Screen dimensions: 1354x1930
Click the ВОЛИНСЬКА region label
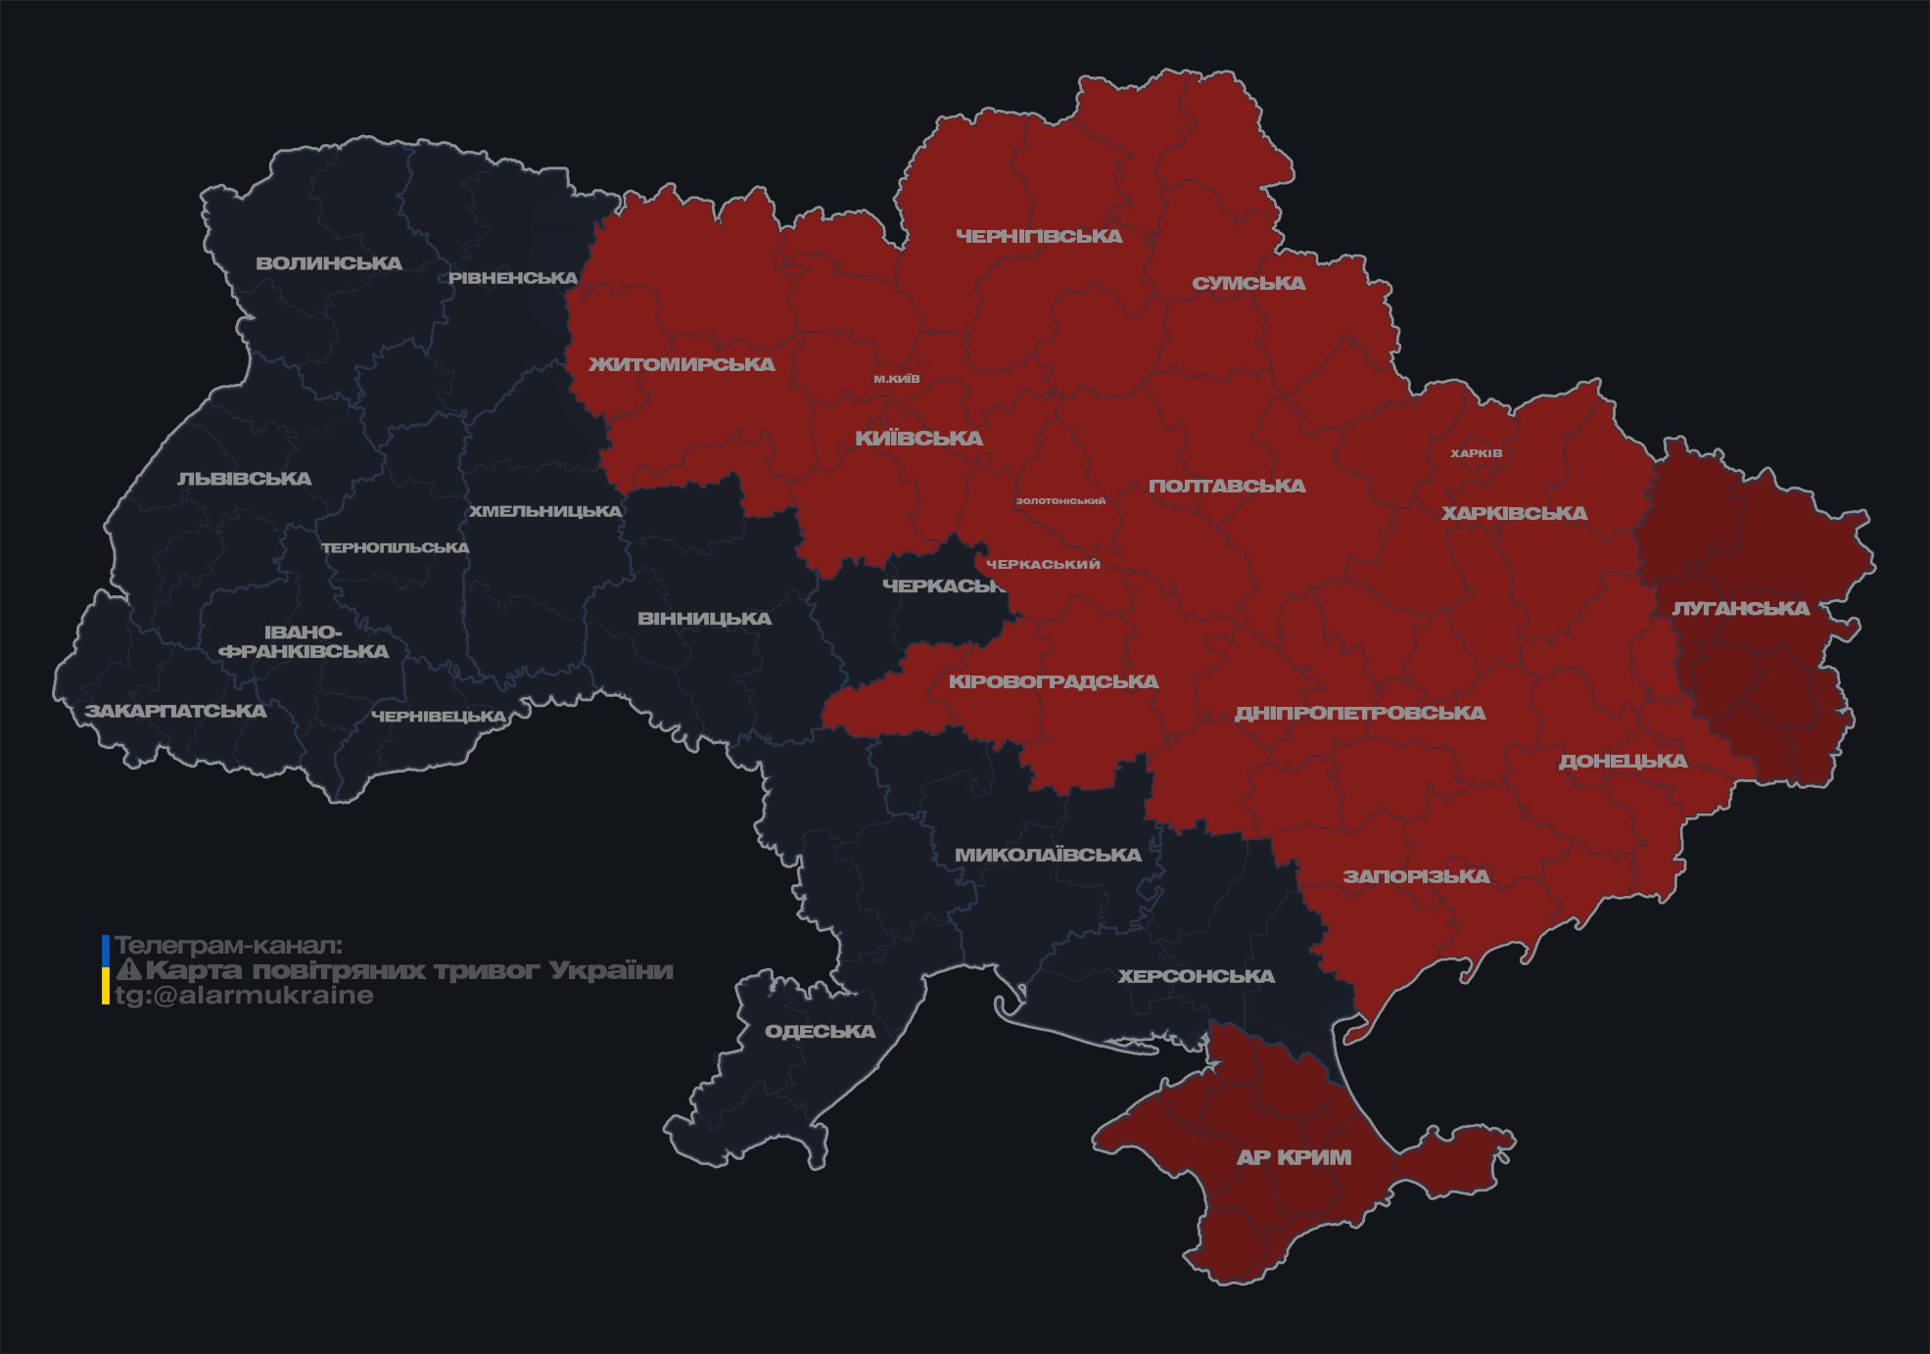[x=329, y=263]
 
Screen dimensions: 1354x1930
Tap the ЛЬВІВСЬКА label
[x=245, y=479]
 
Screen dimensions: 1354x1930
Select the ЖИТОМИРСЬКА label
[x=682, y=364]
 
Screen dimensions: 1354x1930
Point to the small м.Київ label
[x=897, y=379]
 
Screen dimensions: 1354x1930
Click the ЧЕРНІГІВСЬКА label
[x=1039, y=236]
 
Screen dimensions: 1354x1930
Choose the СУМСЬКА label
[x=1248, y=283]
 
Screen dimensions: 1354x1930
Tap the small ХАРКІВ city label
[x=1476, y=453]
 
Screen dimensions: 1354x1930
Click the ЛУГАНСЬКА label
[x=1740, y=608]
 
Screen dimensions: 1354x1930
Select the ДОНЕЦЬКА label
[x=1623, y=761]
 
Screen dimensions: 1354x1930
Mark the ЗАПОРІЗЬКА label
[x=1416, y=876]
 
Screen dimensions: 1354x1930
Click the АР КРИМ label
[x=1294, y=1157]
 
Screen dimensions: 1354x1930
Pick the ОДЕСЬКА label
[x=820, y=1031]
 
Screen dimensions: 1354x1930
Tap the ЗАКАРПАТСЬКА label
[x=176, y=711]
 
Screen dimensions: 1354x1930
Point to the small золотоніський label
[x=1060, y=501]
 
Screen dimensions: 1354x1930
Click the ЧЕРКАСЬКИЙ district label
[x=1043, y=565]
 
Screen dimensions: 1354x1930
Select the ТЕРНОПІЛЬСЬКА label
[x=396, y=547]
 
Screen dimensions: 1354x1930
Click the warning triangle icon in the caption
[x=129, y=970]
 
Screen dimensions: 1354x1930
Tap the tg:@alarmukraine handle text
[x=244, y=996]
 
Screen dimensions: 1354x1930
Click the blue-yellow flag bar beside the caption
[x=106, y=969]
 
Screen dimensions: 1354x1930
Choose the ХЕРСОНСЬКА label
[x=1196, y=976]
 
